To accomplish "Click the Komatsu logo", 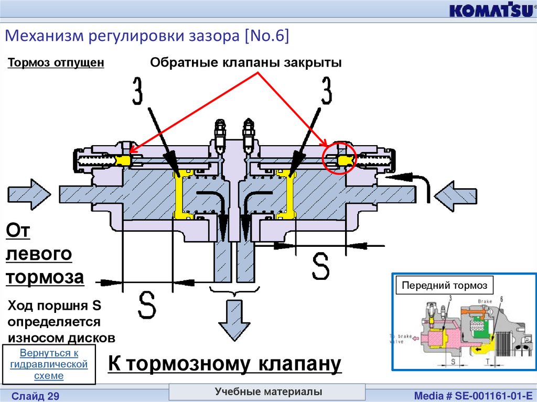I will point(490,10).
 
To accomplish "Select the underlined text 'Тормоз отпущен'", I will point(56,63).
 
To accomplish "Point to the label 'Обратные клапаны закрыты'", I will point(246,63).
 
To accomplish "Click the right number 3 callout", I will point(327,91).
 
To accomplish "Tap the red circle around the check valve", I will point(339,157).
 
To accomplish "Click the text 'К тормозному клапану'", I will point(224,364).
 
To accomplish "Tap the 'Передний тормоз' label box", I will point(444,286).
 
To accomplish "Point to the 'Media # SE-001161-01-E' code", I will point(474,395).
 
